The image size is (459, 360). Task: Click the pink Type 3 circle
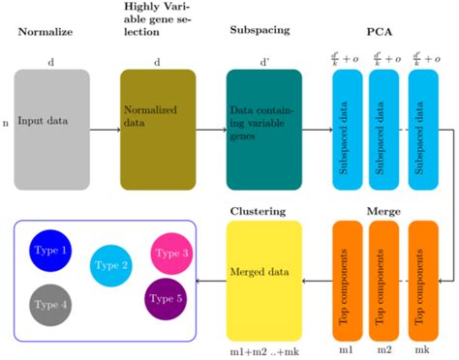tap(172, 253)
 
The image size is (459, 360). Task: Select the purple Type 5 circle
tap(167, 297)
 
